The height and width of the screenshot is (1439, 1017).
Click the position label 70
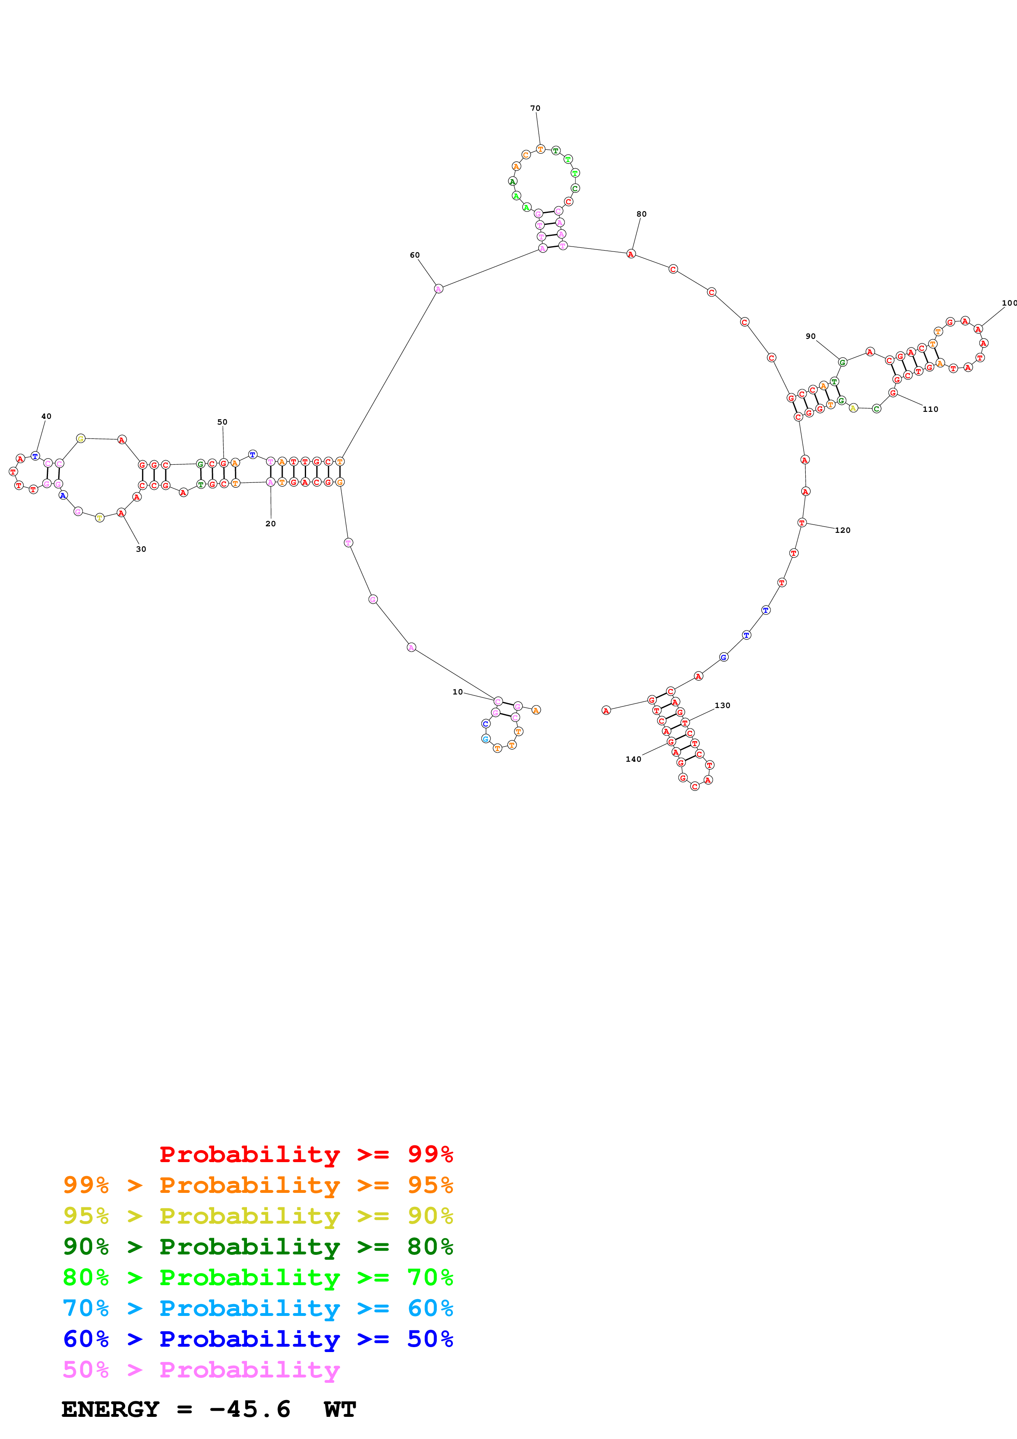point(535,108)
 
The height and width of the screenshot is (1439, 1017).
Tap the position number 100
point(1009,303)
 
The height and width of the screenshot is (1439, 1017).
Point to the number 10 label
point(457,692)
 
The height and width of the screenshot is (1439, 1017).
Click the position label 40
point(46,416)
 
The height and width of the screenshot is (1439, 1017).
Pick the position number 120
point(843,531)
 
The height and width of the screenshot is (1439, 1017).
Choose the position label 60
point(415,255)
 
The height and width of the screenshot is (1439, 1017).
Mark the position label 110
point(930,410)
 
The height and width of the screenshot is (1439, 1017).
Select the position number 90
point(811,336)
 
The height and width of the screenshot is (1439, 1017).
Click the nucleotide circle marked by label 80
point(631,254)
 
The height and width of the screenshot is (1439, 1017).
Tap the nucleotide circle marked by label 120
point(802,523)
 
